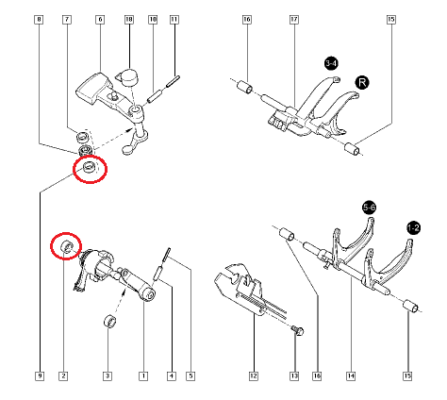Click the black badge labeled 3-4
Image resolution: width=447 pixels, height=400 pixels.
pos(331,63)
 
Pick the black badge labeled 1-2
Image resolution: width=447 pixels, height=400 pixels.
pos(413,226)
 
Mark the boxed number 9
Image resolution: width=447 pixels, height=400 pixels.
pos(39,376)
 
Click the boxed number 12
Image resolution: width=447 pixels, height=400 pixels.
pos(253,376)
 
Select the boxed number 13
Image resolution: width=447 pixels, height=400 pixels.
pos(294,376)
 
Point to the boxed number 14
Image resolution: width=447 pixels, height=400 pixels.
pos(351,376)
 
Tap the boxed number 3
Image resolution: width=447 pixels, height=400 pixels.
pos(107,376)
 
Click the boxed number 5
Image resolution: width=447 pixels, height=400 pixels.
pos(190,376)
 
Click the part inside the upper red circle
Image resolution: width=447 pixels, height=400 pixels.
pos(89,168)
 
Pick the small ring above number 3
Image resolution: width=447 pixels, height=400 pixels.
pos(109,324)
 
